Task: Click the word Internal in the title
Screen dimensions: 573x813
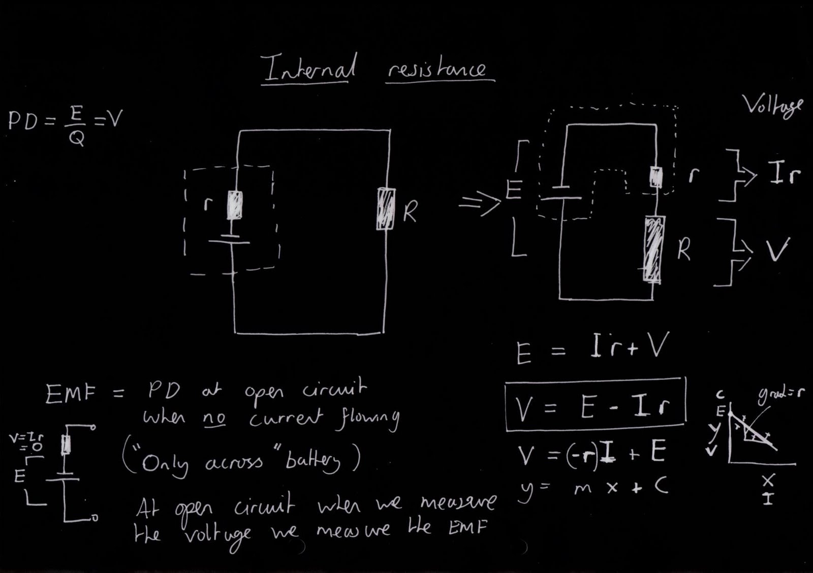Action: pyautogui.click(x=308, y=69)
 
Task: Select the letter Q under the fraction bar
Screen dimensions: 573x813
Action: pyautogui.click(x=76, y=137)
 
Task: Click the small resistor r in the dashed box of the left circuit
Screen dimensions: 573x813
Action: pyautogui.click(x=234, y=205)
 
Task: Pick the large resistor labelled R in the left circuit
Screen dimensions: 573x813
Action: pyautogui.click(x=386, y=209)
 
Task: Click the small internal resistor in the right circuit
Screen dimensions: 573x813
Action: pyautogui.click(x=656, y=177)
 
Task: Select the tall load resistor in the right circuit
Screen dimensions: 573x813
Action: pyautogui.click(x=653, y=249)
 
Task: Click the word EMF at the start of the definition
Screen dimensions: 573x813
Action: pyautogui.click(x=70, y=394)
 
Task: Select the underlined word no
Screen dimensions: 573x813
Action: pyautogui.click(x=214, y=418)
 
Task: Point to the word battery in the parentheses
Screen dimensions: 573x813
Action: pyautogui.click(x=312, y=461)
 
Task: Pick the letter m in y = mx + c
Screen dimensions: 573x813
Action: pyautogui.click(x=582, y=488)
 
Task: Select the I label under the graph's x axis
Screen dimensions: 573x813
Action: pyautogui.click(x=768, y=499)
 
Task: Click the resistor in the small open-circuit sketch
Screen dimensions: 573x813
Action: pyautogui.click(x=66, y=444)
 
